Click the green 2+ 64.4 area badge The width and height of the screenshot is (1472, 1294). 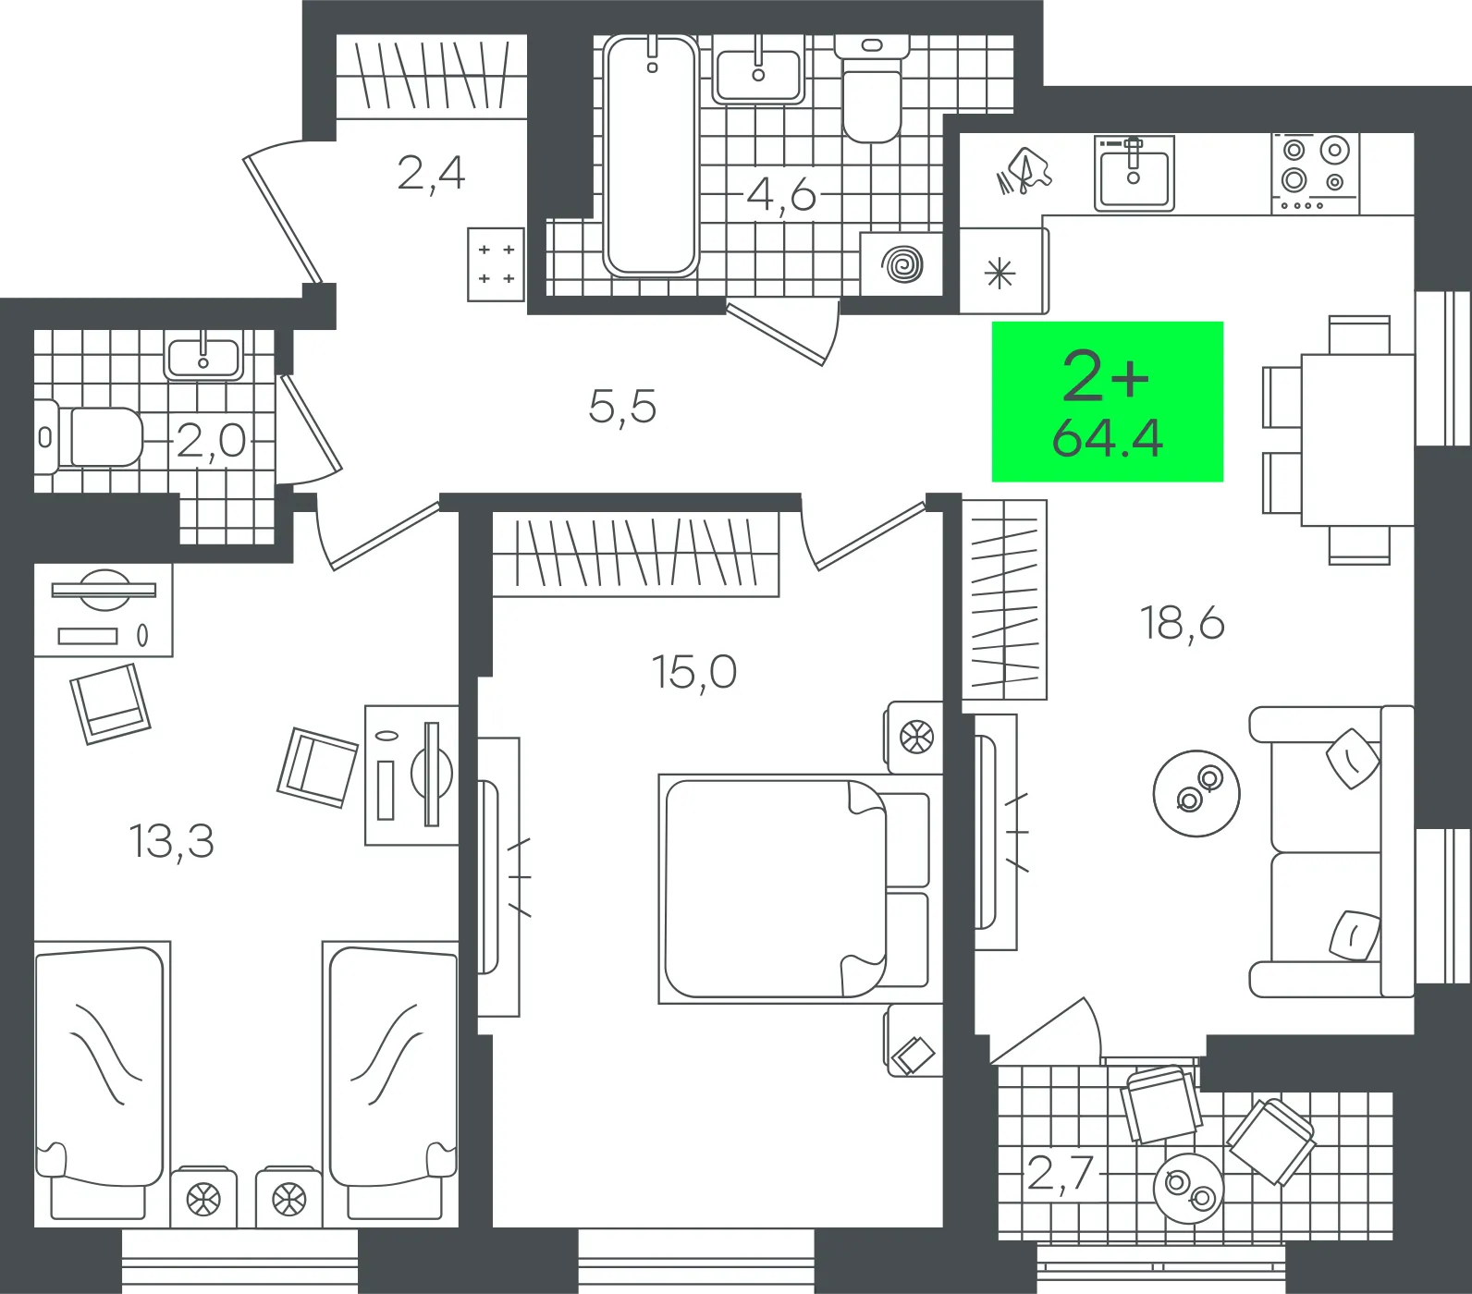pos(1107,401)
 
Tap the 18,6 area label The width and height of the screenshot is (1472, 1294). pos(1182,623)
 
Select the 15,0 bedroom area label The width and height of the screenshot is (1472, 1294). pos(693,672)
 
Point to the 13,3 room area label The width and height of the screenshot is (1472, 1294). pos(171,841)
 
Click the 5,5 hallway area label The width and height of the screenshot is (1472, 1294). pos(622,406)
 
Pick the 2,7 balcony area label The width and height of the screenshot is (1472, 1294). pos(1061,1174)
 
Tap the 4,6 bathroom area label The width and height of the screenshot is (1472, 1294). pos(781,195)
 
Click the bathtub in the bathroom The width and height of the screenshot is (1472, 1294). pos(651,155)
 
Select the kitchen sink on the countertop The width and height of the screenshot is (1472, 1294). pos(1135,173)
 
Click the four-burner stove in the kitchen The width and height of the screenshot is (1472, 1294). pos(1314,173)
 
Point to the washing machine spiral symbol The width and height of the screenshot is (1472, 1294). pos(902,264)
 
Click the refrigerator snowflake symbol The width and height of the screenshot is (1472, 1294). pos(1000,274)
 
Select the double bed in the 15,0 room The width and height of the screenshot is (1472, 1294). pos(794,888)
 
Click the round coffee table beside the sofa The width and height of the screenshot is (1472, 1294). pos(1196,793)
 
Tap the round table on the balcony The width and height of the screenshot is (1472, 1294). pos(1188,1188)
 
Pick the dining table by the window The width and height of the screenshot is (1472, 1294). pos(1357,440)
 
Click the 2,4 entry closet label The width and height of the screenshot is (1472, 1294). pos(431,173)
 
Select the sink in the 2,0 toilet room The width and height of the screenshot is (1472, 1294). pos(203,357)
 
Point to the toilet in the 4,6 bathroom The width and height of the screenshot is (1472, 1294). pos(871,91)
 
